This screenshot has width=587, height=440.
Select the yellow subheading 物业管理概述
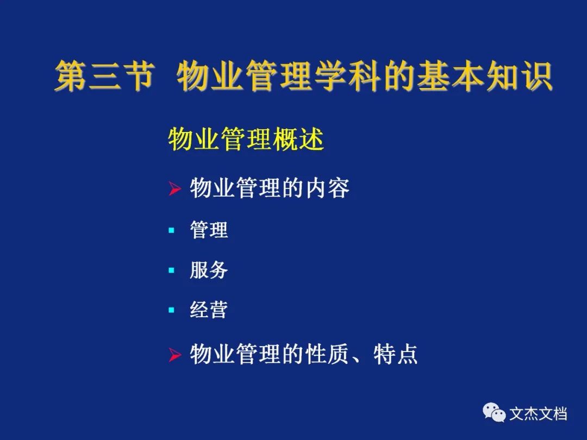(x=246, y=139)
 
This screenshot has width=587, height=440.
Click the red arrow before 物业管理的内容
(x=174, y=188)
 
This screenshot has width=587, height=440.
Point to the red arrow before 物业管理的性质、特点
(x=174, y=355)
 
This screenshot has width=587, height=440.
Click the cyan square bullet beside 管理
(x=171, y=230)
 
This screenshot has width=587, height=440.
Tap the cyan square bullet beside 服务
(x=171, y=270)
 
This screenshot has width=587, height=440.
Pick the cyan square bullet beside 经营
(x=171, y=310)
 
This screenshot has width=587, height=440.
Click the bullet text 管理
(x=209, y=230)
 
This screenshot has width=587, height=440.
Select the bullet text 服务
(x=209, y=270)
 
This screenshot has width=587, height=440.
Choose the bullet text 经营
(x=209, y=310)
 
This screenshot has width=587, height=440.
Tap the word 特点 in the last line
(x=395, y=354)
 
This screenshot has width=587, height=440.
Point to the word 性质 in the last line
(x=328, y=354)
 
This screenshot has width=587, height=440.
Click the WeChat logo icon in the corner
(x=494, y=412)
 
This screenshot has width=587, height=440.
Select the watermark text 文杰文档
(x=538, y=414)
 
